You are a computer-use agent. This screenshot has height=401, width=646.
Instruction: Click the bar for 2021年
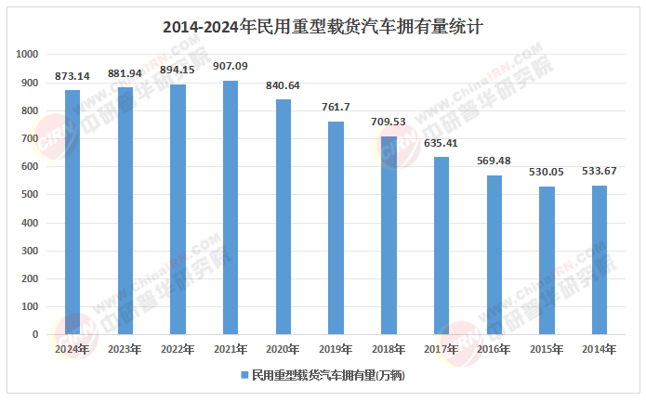tap(231, 208)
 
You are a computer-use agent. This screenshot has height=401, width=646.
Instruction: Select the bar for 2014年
tap(600, 260)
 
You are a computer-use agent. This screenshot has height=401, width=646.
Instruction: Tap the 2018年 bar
tap(389, 236)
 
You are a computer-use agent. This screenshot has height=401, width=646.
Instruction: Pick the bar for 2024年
tap(73, 213)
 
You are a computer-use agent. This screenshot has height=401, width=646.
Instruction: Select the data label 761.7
tap(336, 107)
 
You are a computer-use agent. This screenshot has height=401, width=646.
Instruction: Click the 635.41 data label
tap(442, 142)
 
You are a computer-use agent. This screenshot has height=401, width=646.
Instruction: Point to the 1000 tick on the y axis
tap(28, 55)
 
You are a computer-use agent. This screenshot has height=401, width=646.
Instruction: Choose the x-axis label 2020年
tap(283, 349)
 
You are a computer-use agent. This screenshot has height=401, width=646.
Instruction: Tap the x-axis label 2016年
tap(494, 349)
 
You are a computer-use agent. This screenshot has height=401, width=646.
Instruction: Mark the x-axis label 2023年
tap(125, 349)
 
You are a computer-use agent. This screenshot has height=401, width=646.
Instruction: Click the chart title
tap(323, 27)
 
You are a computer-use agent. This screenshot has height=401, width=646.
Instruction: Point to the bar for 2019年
tap(336, 228)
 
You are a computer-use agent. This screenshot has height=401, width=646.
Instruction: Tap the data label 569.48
tap(494, 161)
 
